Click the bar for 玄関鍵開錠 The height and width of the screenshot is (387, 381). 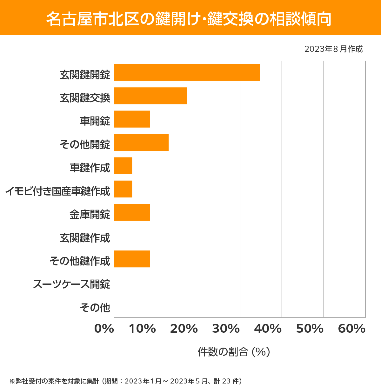tap(187, 72)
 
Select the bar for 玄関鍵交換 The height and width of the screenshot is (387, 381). tap(150, 96)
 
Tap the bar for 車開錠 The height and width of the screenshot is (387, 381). tap(132, 119)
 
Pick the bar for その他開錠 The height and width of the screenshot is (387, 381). tap(141, 142)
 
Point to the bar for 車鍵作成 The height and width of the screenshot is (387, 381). tap(123, 166)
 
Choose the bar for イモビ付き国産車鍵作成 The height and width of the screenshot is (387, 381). tap(123, 189)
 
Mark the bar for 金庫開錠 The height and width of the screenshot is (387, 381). tap(132, 212)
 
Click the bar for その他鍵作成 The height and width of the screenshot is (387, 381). tap(132, 259)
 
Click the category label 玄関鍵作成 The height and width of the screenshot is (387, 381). tap(85, 238)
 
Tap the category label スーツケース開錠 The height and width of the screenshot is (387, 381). tap(71, 284)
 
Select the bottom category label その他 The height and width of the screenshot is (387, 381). tap(95, 307)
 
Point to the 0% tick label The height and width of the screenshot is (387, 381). tap(104, 329)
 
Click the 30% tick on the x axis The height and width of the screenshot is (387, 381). tap(226, 329)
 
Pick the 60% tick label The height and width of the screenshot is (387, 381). tap(352, 329)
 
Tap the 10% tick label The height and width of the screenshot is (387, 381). tap(142, 329)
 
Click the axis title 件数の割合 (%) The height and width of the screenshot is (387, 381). tap(234, 352)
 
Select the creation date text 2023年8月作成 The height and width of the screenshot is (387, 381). tap(333, 49)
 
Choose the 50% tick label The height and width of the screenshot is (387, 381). tap(310, 329)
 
